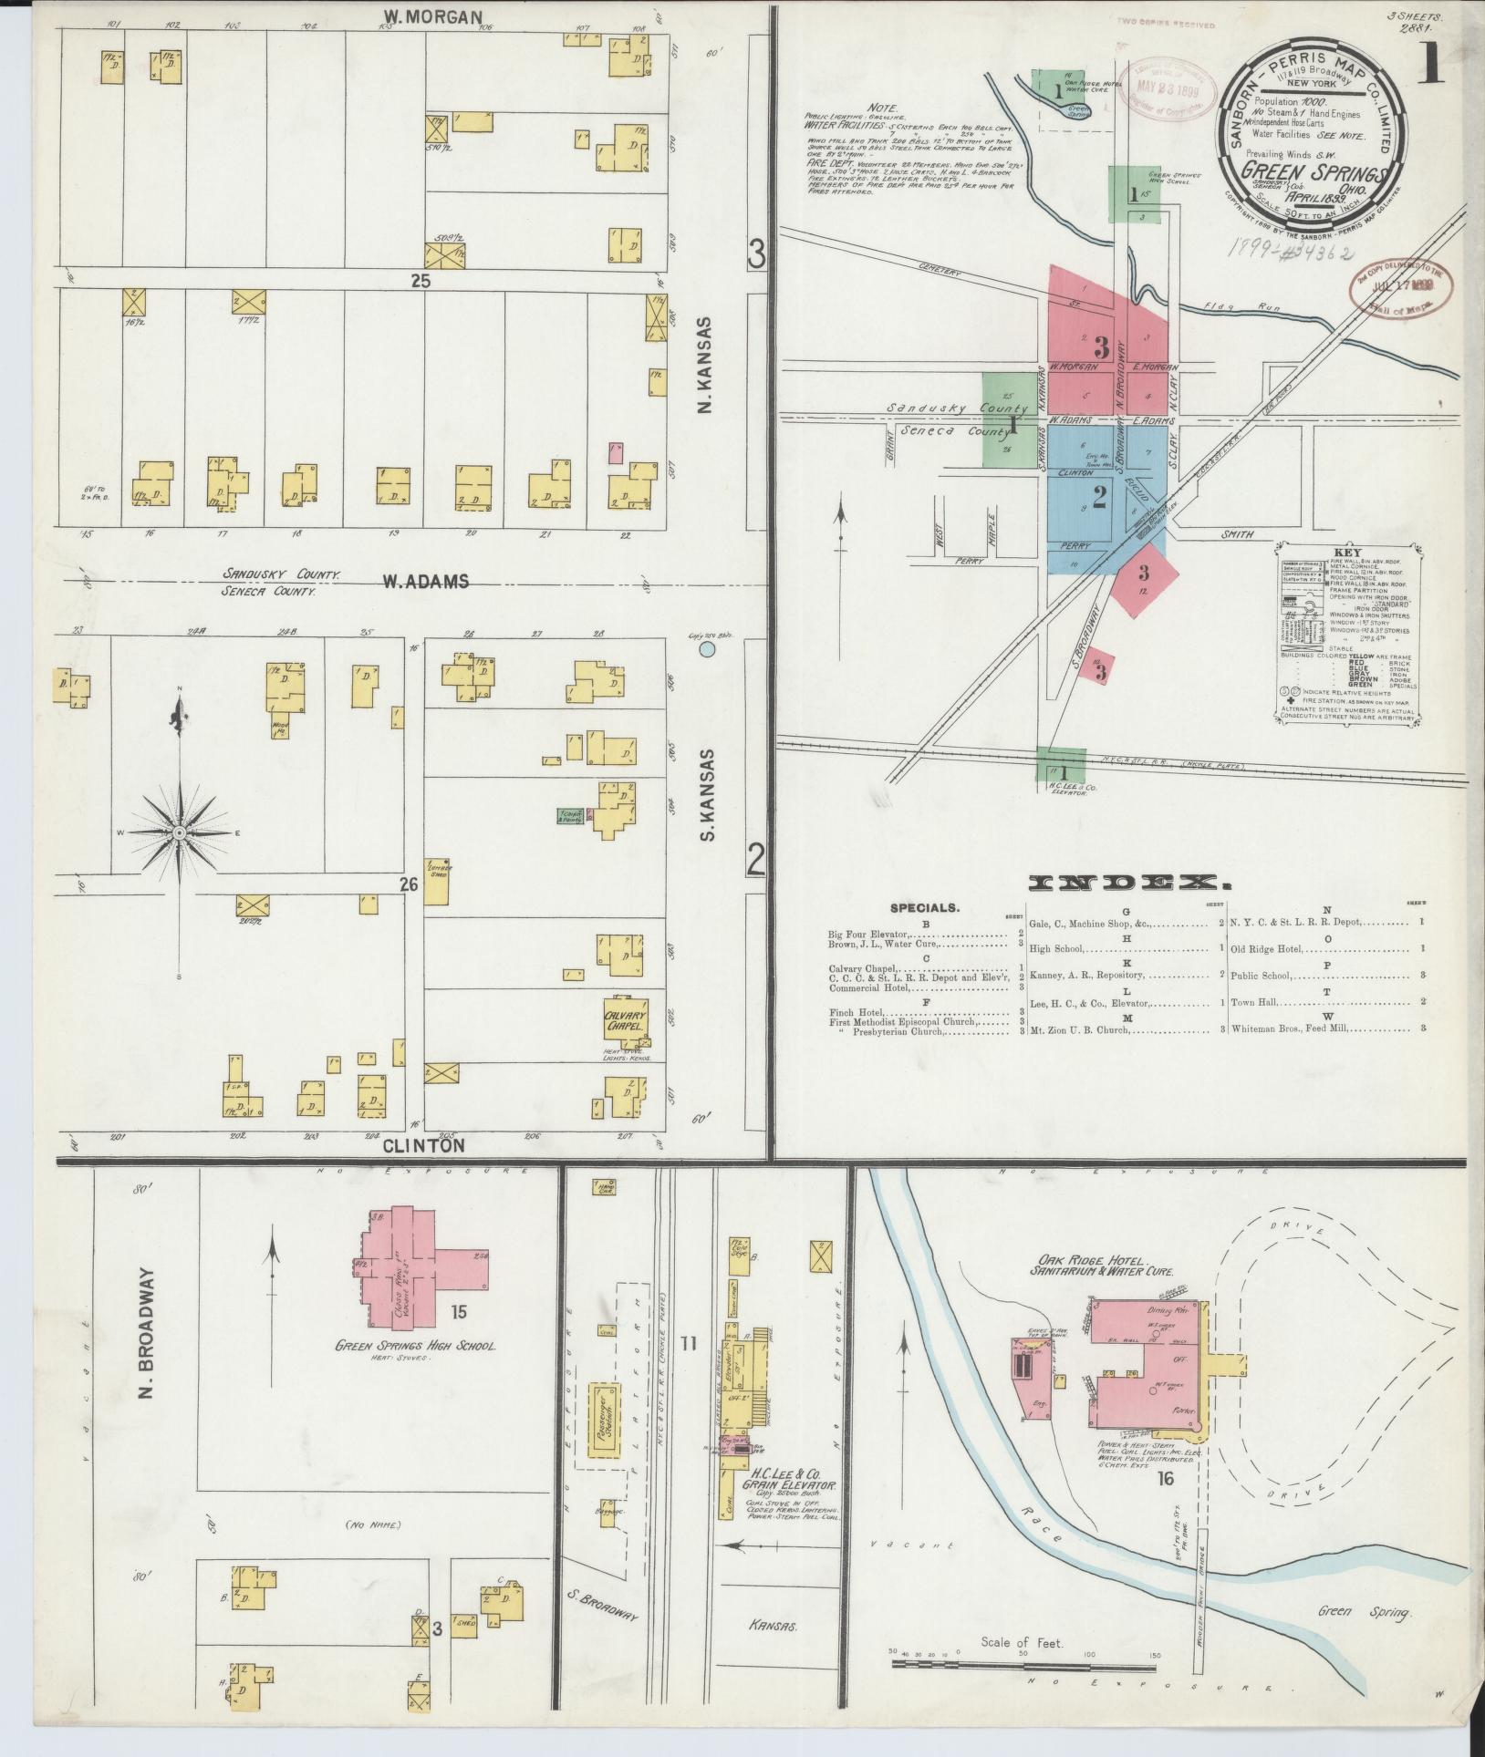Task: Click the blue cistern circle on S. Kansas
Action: [706, 650]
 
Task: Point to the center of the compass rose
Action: [180, 833]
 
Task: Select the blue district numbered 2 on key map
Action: [1099, 497]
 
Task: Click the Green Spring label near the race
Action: [1364, 1613]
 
